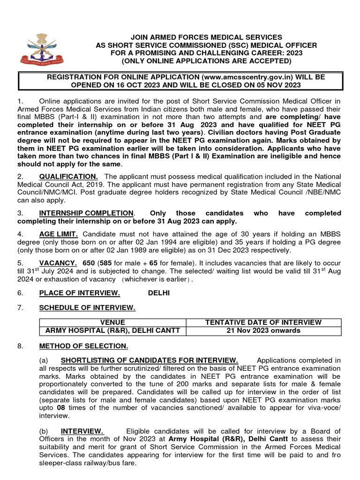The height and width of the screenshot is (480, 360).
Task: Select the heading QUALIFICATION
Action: pyautogui.click(x=68, y=176)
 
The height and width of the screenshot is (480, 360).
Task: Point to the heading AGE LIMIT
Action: pyautogui.click(x=59, y=233)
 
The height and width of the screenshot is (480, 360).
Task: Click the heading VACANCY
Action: pyautogui.click(x=58, y=263)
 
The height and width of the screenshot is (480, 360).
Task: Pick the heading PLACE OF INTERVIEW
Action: pyautogui.click(x=79, y=293)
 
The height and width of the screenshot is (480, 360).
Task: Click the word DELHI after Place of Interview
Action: pyautogui.click(x=158, y=293)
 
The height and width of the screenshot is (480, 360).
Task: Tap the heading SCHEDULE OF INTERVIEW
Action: pyautogui.click(x=87, y=307)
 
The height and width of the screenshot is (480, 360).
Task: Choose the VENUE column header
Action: pyautogui.click(x=112, y=322)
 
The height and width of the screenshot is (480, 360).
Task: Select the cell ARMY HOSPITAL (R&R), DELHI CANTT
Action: pyautogui.click(x=112, y=330)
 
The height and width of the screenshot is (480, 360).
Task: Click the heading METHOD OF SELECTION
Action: pyautogui.click(x=83, y=346)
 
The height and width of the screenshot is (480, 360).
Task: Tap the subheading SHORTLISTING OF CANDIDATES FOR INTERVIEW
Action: pyautogui.click(x=150, y=360)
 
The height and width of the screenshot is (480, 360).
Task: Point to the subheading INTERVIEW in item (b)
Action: pyautogui.click(x=82, y=431)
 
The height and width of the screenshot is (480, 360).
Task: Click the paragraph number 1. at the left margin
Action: pyautogui.click(x=20, y=101)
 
